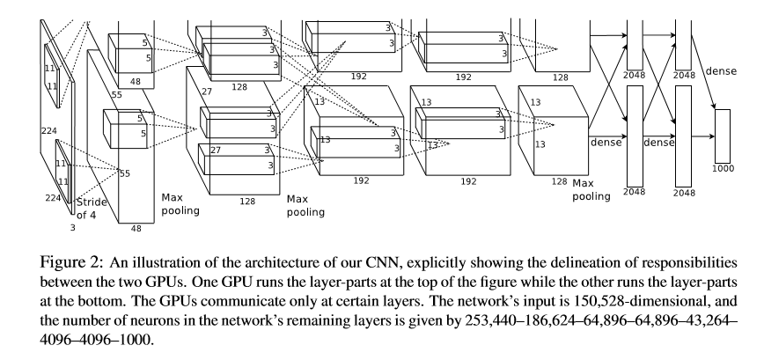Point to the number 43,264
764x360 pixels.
702,320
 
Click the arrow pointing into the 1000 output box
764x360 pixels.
705,136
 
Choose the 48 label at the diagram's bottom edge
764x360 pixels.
136,228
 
